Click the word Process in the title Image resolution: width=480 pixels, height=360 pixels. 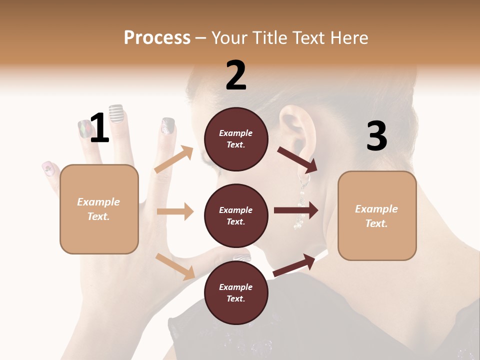(x=157, y=37)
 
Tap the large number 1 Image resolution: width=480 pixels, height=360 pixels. (x=99, y=127)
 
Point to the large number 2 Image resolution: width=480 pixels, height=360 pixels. (x=236, y=75)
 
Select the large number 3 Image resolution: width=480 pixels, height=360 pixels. (x=376, y=136)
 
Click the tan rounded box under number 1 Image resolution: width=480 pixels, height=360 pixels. (x=99, y=209)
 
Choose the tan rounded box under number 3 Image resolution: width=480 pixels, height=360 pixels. (x=377, y=215)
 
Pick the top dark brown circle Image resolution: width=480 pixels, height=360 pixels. (x=236, y=139)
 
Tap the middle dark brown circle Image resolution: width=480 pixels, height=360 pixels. (x=236, y=216)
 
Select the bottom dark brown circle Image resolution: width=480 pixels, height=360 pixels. (x=236, y=293)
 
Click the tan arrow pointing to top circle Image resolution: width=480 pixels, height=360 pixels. (x=174, y=159)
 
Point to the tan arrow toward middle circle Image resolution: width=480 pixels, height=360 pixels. (x=175, y=211)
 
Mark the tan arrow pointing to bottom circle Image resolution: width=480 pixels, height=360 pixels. (x=175, y=266)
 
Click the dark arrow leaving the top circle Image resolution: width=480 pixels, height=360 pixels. (x=298, y=158)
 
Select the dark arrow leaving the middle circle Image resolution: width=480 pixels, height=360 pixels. (x=296, y=210)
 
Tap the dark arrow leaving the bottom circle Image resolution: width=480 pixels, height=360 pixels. (x=294, y=265)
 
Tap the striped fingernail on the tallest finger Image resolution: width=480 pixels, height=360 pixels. (x=116, y=113)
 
